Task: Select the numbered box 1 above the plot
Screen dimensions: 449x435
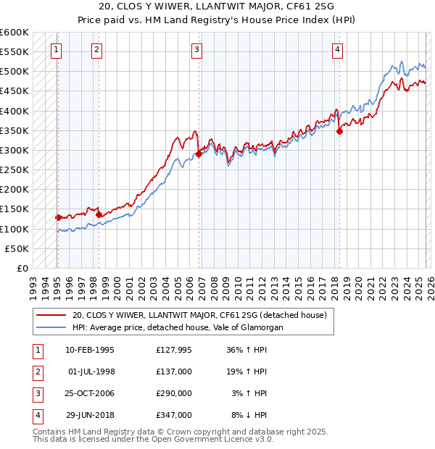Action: (x=57, y=50)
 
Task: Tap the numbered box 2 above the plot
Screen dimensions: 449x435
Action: (x=97, y=50)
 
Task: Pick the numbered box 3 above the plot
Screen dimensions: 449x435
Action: (x=197, y=50)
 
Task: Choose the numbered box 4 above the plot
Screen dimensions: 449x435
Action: (x=338, y=50)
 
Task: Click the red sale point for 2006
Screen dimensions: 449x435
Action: (x=199, y=154)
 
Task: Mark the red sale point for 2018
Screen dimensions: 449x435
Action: (x=339, y=131)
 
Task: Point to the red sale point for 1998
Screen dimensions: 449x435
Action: (x=99, y=214)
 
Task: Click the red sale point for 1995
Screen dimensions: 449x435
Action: (x=58, y=217)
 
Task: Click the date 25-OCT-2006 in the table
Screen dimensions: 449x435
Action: (x=89, y=393)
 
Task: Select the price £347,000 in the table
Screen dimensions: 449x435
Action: (x=173, y=415)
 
